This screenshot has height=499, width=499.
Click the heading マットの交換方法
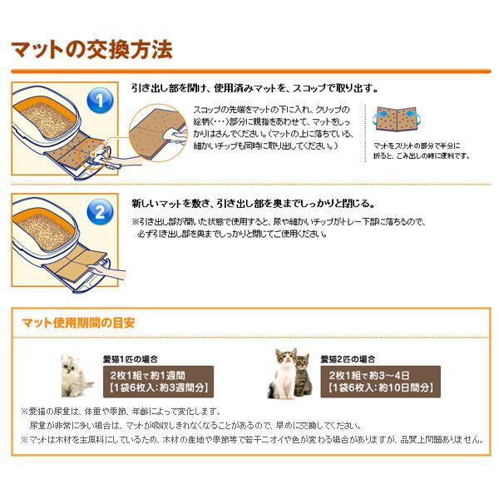click(91, 49)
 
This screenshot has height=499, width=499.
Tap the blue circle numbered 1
click(98, 101)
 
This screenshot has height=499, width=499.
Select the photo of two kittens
click(292, 374)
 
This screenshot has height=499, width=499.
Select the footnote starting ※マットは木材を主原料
click(249, 439)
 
